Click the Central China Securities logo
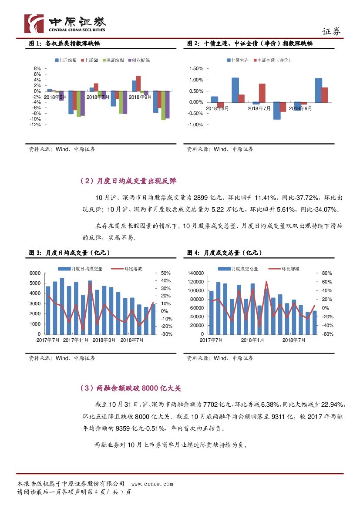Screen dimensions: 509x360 65,24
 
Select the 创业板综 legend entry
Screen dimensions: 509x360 141,60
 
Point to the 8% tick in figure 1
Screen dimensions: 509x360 37,69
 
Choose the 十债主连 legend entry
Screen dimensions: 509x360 239,60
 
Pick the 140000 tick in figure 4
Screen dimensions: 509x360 196,273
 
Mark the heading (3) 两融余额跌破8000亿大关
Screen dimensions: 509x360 131,388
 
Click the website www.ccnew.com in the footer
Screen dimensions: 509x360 152,484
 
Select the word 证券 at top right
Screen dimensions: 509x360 331,31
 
